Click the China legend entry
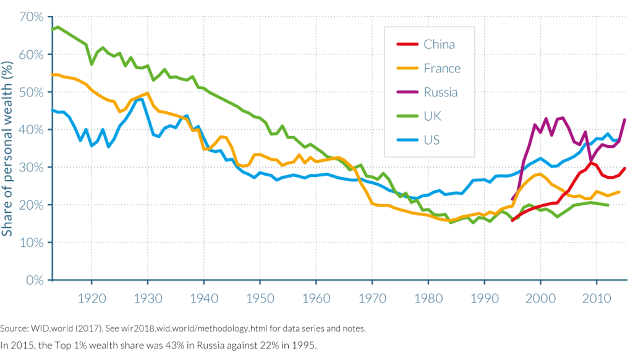(439, 44)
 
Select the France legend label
(442, 68)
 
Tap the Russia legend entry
(441, 92)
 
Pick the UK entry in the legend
(433, 116)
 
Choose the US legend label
(431, 140)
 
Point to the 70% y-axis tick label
(31, 17)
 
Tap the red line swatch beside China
(405, 45)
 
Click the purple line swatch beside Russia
(405, 92)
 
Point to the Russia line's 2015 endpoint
(625, 119)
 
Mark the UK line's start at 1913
(52, 29)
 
